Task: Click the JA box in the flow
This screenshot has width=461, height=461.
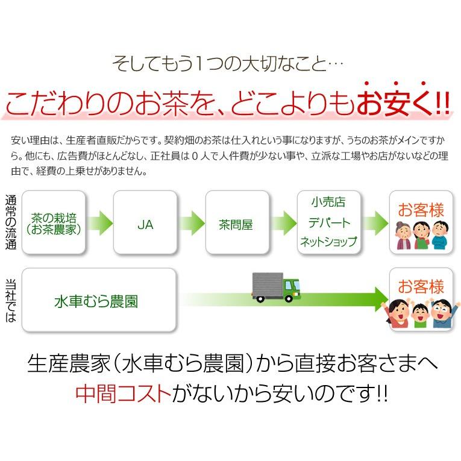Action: (x=145, y=222)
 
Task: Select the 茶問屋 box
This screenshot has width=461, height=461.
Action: (x=237, y=222)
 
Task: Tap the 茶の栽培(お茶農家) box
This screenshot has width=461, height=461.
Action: (x=54, y=222)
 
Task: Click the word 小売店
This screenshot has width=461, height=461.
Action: (x=328, y=202)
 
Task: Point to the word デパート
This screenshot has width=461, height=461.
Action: (x=329, y=222)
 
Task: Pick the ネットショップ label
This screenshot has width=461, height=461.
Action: (x=328, y=242)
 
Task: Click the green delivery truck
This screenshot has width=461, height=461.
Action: (x=277, y=287)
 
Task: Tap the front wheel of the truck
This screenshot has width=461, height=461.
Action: (x=289, y=298)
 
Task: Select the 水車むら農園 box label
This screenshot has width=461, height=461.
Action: (x=96, y=302)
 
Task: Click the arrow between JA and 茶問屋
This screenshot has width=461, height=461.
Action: (x=192, y=222)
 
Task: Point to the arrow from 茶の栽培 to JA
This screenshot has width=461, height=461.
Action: (x=99, y=222)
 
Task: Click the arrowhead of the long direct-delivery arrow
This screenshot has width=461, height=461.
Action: (x=381, y=299)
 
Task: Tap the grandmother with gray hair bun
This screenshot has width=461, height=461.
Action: (x=404, y=236)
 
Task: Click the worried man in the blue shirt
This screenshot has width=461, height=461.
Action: (x=439, y=235)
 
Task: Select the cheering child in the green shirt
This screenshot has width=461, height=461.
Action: (x=421, y=315)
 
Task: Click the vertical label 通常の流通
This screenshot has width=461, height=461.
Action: (x=11, y=222)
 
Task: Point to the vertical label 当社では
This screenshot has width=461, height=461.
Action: (x=11, y=301)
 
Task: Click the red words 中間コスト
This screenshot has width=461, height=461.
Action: (x=123, y=394)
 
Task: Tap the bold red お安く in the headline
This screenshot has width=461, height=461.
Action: (x=394, y=102)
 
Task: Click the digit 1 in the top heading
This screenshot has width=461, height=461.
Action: (x=199, y=63)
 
